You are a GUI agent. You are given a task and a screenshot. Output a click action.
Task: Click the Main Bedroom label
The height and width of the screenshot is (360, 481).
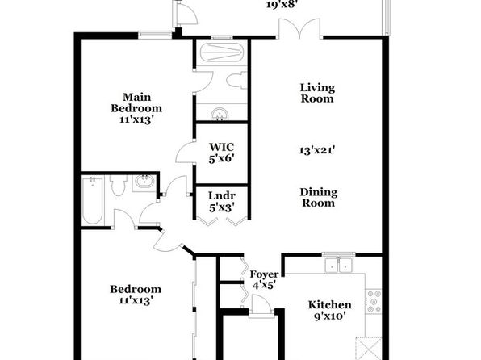point(136,108)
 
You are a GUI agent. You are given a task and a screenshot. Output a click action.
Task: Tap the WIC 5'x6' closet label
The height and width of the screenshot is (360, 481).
point(221,153)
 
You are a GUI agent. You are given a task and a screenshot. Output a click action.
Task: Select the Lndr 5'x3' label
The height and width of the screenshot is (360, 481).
point(222,202)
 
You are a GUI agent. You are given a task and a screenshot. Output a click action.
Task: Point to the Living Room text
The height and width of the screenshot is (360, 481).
point(317,93)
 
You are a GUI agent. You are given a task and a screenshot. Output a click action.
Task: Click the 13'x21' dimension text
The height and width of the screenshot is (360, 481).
point(317,150)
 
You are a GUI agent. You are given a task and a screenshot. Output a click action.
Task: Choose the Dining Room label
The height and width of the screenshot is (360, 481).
point(319,197)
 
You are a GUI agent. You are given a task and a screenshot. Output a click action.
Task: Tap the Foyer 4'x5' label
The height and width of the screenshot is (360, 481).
point(264,279)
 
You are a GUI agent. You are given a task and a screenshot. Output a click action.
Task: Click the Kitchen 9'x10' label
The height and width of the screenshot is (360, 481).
point(330,310)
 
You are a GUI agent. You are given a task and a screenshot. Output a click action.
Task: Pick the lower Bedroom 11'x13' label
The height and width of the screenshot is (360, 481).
point(136,295)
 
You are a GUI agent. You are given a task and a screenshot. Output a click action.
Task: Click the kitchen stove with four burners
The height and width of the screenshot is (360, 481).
point(374,301)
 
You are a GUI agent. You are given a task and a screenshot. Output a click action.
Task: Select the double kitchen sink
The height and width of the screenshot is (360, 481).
point(339,264)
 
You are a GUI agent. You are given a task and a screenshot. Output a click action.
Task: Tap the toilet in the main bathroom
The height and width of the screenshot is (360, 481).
point(236,81)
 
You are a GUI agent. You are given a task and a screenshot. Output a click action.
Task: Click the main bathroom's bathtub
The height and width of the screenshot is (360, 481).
point(222,52)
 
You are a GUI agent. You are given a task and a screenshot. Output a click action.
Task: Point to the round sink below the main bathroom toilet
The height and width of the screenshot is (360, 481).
point(220,114)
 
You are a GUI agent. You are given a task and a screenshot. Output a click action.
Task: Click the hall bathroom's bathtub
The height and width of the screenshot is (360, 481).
point(92,200)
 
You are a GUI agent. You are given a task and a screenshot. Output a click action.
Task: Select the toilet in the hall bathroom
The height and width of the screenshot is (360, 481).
point(119,185)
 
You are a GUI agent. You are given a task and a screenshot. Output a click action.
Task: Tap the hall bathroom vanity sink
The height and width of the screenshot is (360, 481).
point(144,182)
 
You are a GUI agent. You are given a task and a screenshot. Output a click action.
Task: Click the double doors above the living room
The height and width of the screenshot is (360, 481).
point(299,29)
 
